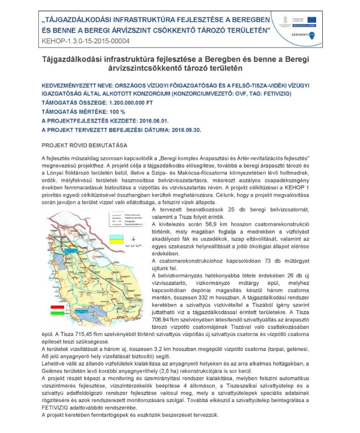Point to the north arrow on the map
[x=133, y=239]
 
